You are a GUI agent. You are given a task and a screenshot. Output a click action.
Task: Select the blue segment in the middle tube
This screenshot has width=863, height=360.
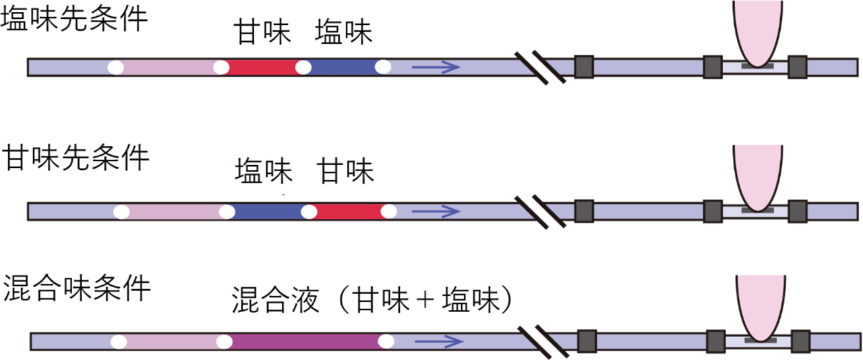tap(268, 212)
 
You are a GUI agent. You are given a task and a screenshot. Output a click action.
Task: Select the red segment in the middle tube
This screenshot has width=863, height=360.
tap(349, 212)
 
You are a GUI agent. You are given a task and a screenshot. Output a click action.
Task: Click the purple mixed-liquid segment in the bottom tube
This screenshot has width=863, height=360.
tap(307, 341)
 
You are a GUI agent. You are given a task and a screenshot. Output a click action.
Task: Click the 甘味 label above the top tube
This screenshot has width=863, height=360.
tap(262, 33)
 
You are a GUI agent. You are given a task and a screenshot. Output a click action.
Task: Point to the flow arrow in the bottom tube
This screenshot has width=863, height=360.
tap(438, 341)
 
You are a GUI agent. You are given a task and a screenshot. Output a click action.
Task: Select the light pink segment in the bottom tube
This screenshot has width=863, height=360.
tap(169, 341)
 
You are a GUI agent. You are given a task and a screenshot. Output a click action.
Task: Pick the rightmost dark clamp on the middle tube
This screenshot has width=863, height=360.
tap(798, 211)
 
